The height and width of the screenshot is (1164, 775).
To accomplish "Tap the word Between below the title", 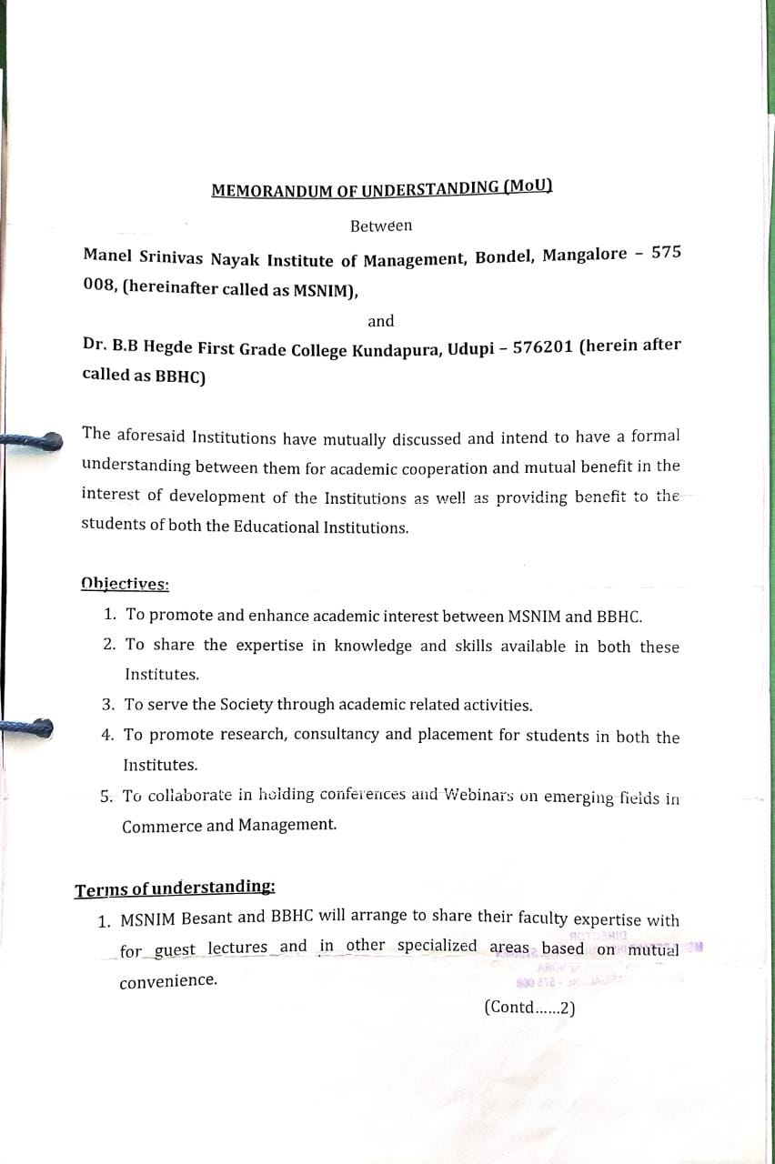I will coord(381,226).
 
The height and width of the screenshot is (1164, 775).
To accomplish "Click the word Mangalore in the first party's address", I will coord(585,255).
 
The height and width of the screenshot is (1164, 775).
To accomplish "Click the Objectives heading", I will coord(125,584).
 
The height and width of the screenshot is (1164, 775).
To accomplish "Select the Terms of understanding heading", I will coord(175,888).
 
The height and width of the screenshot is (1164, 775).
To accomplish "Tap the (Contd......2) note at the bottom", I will coord(530,1007).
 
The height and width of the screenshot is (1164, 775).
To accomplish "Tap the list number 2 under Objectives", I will coord(109,645).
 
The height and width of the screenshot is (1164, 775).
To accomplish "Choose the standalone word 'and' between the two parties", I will coord(381,321).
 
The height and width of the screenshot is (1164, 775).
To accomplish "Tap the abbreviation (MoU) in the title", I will coord(527,186).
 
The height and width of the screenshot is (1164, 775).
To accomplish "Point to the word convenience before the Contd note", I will coord(168,981).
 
